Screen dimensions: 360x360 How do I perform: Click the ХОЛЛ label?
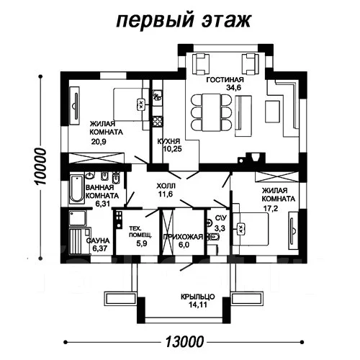point(166,185)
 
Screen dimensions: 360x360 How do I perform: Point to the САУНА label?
point(96,240)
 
